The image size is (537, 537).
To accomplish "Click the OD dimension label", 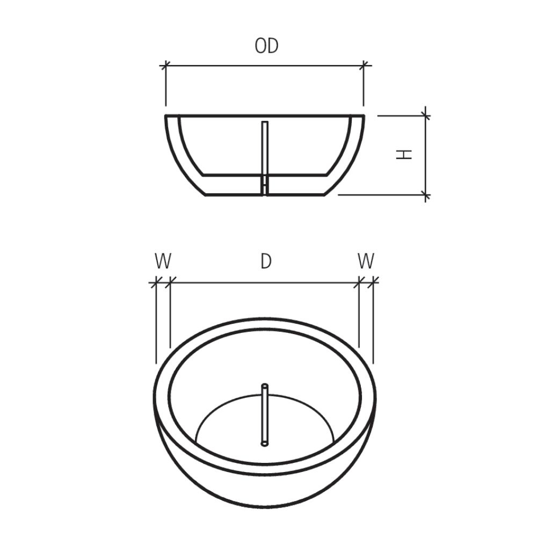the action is (x=266, y=46).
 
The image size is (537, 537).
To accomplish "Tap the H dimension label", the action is (x=404, y=155).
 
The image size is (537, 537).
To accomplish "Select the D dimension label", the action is (x=266, y=262).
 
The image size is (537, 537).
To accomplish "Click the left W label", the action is (x=163, y=262).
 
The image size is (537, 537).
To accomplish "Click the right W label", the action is (x=366, y=262).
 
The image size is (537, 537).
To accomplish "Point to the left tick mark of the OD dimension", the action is (x=166, y=65).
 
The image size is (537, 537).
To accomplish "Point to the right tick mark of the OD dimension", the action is (x=364, y=65).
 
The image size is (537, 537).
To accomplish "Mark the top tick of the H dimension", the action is (x=425, y=116).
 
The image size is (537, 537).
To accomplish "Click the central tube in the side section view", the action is (x=265, y=158).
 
